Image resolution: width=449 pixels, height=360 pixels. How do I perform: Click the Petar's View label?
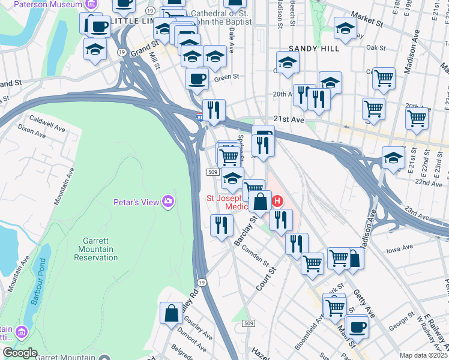tap(136, 202)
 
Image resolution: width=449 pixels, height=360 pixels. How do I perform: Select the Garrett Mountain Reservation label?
tap(96, 249)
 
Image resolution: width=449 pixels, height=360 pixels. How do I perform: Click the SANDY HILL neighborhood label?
tap(311, 48)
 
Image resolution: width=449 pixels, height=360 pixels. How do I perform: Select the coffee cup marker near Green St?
tap(197, 79)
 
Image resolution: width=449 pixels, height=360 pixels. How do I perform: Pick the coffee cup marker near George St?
tap(357, 327)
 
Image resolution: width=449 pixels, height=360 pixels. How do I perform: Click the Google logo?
tap(20, 353)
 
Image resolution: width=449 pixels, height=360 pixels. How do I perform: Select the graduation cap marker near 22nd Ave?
tap(393, 158)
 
